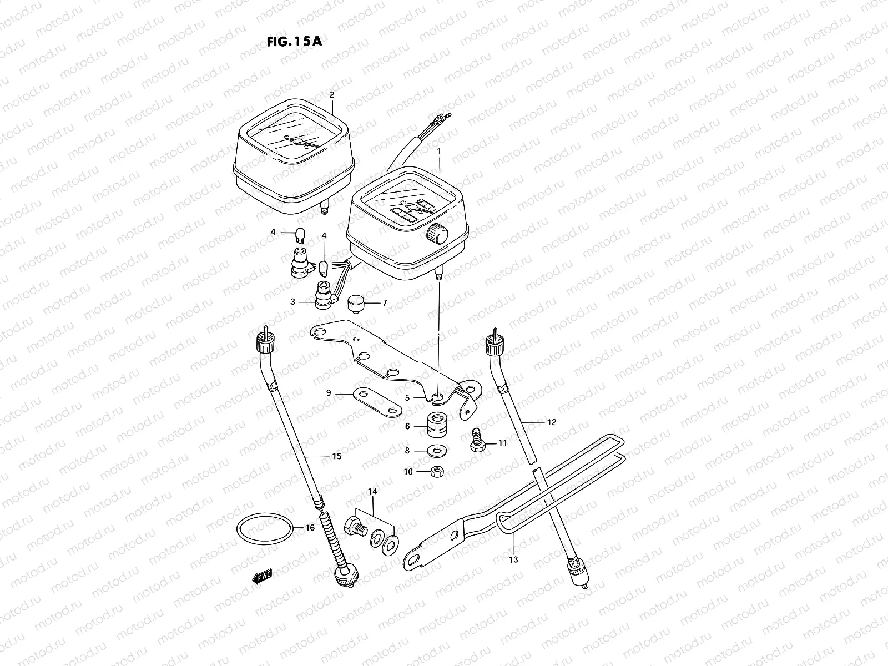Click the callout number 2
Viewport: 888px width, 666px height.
coord(332,95)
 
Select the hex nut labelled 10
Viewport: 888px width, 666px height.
coord(437,472)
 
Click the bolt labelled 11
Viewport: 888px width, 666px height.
coord(477,442)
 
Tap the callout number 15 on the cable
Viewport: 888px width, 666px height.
coord(336,456)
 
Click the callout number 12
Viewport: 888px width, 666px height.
coord(551,422)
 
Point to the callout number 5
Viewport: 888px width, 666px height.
coord(407,397)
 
